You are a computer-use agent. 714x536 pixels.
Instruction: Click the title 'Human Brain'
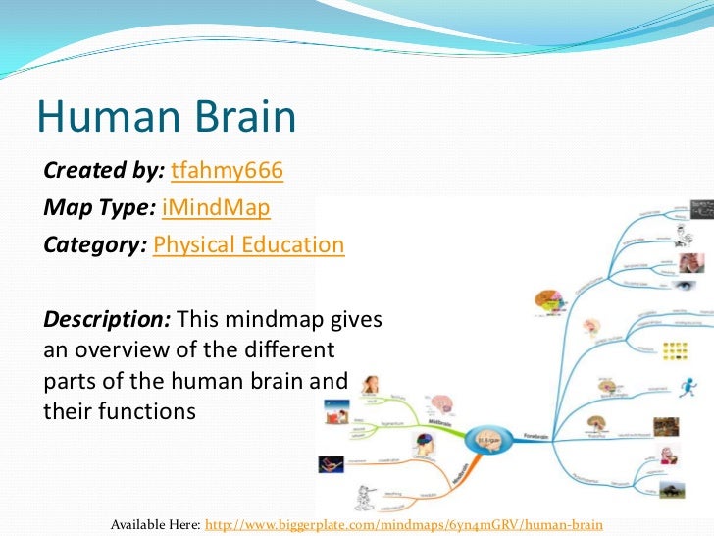166,118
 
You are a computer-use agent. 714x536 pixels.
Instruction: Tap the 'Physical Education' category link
249,244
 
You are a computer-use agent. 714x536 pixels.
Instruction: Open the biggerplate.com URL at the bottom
402,525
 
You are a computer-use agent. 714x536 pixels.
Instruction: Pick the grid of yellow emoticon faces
675,350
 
